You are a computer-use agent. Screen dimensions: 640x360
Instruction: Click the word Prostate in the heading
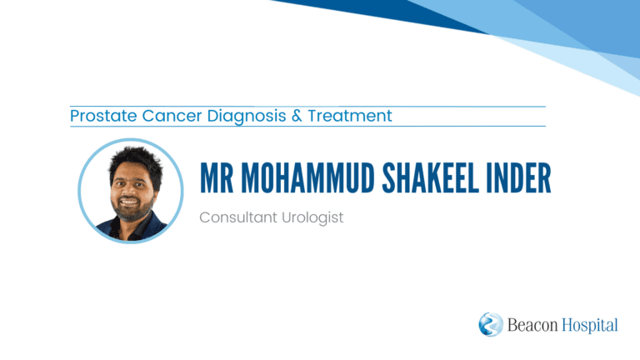click(103, 116)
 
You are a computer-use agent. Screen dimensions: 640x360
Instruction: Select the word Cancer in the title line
click(172, 116)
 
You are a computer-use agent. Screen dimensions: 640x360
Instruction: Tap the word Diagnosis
click(247, 117)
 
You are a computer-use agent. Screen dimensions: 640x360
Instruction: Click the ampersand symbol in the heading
click(297, 116)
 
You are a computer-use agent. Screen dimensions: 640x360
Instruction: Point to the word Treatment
click(350, 116)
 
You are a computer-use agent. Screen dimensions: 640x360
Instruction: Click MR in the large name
click(217, 178)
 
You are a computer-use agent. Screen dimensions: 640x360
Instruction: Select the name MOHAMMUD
click(307, 178)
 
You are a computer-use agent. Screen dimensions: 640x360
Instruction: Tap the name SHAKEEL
click(430, 178)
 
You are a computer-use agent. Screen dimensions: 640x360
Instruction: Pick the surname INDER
click(518, 178)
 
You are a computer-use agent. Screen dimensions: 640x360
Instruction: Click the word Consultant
click(238, 217)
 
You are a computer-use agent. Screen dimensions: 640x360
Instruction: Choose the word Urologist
click(312, 218)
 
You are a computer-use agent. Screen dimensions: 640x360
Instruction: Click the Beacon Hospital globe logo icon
click(491, 324)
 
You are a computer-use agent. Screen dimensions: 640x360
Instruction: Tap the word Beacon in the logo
click(532, 325)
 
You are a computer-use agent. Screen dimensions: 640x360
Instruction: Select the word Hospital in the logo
click(590, 326)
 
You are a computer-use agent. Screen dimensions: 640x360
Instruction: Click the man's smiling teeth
click(129, 201)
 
